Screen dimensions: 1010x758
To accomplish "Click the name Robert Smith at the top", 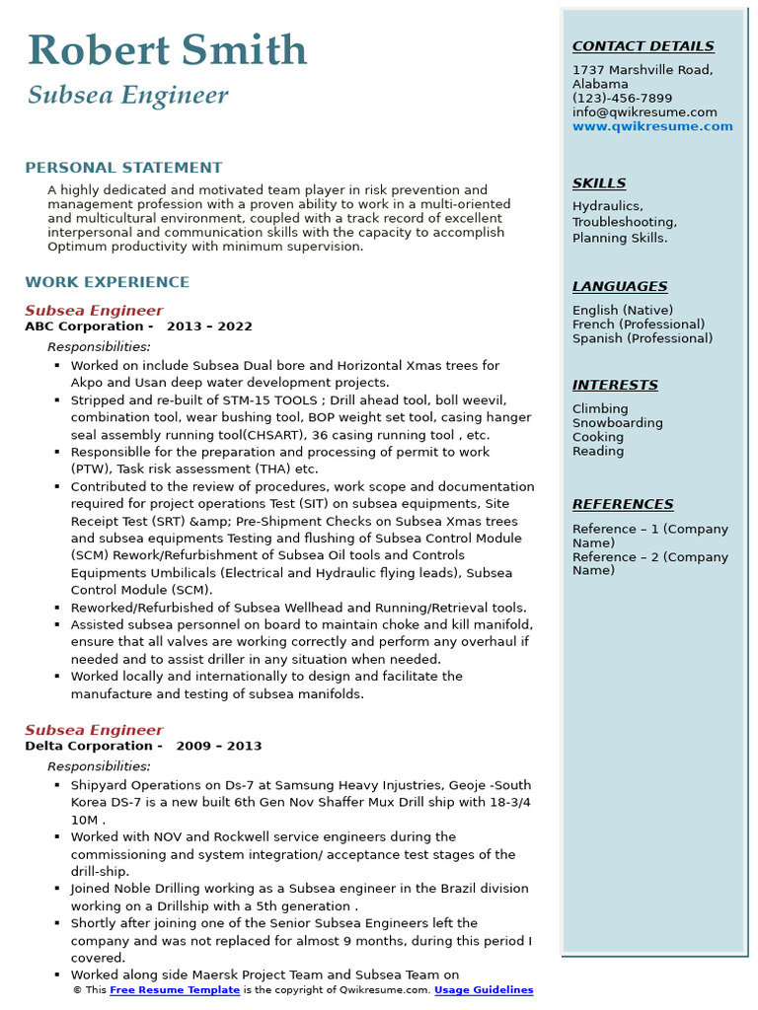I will coord(167,50).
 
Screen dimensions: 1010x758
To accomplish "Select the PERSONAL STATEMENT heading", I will coord(123,168).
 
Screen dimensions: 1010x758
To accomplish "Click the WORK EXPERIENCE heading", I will coord(107,282).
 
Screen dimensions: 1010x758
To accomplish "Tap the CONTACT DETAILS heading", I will coord(643,46).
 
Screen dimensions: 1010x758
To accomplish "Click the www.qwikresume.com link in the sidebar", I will coord(652,126).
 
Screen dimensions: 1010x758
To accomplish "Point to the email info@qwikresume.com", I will coord(644,112).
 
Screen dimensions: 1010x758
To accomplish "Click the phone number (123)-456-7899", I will coord(622,99).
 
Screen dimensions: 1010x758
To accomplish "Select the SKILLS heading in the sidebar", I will coord(598,183).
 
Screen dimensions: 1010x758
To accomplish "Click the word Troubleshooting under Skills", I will coord(624,222).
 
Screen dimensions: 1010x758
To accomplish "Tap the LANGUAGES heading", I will coord(620,287).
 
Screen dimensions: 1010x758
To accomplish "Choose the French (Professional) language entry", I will coord(639,325).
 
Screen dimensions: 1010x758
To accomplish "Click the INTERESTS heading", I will coord(615,386).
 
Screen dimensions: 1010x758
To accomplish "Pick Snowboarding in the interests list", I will coord(617,423).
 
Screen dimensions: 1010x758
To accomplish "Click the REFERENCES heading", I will coord(623,505).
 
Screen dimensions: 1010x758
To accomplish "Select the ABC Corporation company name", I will coord(84,326).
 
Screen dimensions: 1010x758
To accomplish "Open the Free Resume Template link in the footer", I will coord(175,990).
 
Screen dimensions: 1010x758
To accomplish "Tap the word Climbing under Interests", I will coord(599,409).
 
